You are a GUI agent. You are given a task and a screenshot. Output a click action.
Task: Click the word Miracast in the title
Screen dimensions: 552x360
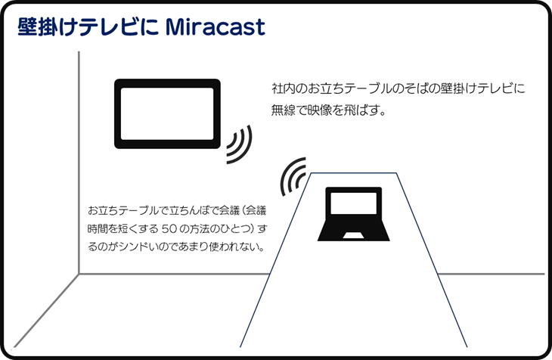click(215, 27)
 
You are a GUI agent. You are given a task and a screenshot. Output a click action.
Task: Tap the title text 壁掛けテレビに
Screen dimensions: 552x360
click(88, 27)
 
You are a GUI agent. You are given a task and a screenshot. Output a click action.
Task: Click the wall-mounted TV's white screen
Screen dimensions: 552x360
click(167, 113)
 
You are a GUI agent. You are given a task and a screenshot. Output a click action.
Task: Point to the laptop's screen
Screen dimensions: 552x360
click(353, 203)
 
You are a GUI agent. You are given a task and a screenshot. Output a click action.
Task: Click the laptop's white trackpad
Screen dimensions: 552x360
click(353, 236)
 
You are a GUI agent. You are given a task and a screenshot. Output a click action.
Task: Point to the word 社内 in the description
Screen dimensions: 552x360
click(283, 88)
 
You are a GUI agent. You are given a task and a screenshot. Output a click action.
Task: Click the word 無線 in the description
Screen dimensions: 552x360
click(283, 110)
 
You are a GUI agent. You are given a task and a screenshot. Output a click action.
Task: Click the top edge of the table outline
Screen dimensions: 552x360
click(354, 173)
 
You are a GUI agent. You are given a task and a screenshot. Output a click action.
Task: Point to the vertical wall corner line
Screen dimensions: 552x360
click(79, 163)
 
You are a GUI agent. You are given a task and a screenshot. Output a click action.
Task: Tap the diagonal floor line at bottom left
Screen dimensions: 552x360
click(46, 310)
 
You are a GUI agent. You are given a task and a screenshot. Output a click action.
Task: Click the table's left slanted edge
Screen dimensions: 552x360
click(275, 260)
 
